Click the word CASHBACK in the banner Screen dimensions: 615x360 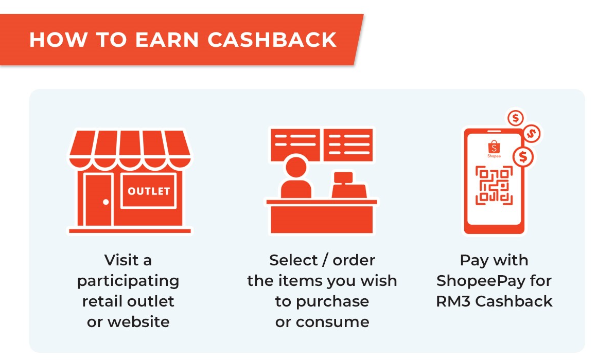(272, 40)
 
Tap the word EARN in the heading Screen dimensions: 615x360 (167, 40)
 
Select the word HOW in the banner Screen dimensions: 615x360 (59, 40)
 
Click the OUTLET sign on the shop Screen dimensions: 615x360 (149, 191)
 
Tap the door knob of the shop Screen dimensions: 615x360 (106, 202)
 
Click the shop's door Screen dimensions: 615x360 (98, 200)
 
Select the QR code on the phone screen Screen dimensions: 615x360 (494, 186)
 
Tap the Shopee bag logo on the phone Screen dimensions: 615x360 (494, 147)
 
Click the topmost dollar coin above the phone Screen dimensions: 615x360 (515, 118)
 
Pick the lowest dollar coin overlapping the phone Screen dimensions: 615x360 (523, 157)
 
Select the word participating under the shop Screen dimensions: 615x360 (128, 281)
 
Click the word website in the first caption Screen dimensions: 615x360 (138, 322)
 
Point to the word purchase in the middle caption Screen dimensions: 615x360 (332, 302)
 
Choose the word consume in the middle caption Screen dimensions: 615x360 (332, 322)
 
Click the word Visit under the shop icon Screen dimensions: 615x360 (116, 260)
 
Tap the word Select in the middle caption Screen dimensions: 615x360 (293, 260)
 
